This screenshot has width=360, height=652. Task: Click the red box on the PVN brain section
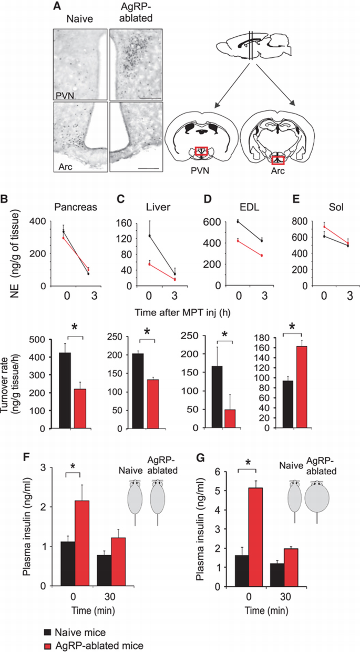202,151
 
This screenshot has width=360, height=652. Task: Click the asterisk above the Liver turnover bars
147,331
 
